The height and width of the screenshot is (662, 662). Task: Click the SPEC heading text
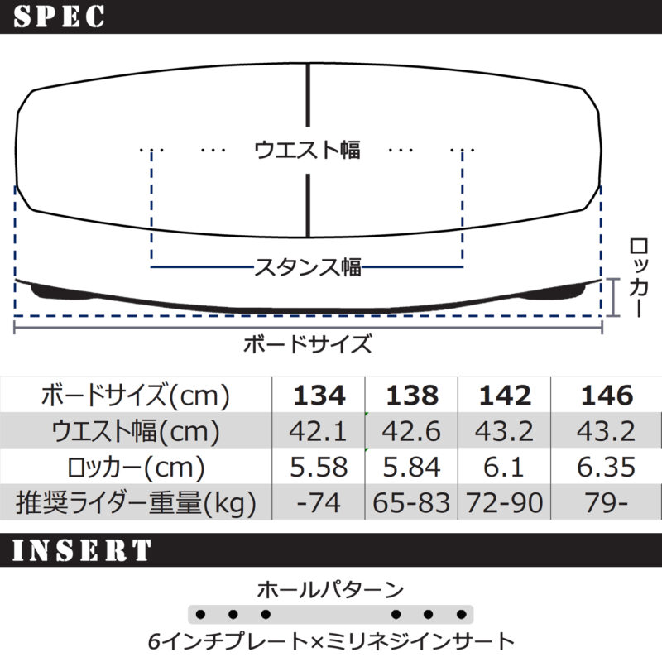[x=59, y=16]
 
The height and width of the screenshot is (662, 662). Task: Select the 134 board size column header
[x=319, y=396]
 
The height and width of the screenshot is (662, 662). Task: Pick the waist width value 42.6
[x=412, y=432]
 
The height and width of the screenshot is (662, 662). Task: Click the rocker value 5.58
[x=319, y=468]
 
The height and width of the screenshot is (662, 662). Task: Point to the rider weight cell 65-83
[x=412, y=502]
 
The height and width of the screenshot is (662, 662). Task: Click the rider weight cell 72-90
[x=505, y=502]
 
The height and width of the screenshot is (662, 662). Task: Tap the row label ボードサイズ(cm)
[x=135, y=396]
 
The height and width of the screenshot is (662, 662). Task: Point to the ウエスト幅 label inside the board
[x=307, y=150]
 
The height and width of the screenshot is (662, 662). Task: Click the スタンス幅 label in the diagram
[x=307, y=266]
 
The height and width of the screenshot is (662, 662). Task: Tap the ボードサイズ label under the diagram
[x=307, y=344]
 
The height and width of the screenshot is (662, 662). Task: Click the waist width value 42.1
[x=319, y=432]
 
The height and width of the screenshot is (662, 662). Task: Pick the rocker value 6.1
[x=505, y=468]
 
